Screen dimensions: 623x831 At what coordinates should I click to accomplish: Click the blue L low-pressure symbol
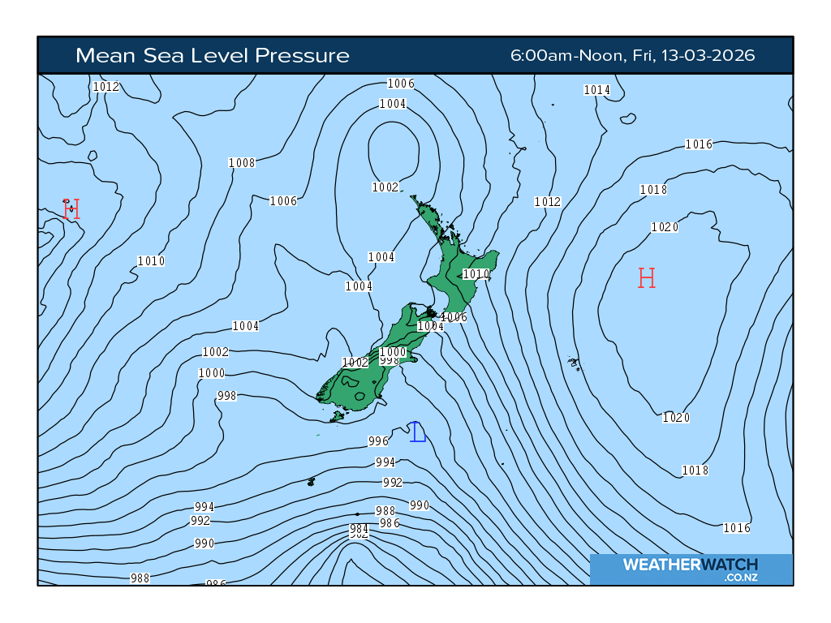point(418,432)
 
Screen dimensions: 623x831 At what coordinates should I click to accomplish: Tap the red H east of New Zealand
point(646,278)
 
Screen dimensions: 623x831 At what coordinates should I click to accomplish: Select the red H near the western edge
point(71,209)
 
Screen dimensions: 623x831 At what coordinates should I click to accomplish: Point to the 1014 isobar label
point(596,90)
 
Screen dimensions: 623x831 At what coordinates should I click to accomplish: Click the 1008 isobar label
point(242,163)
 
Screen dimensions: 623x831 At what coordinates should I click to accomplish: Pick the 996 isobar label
point(378,441)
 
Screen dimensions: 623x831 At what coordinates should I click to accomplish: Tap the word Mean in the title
point(101,55)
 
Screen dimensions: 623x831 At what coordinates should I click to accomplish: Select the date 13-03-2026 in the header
point(708,55)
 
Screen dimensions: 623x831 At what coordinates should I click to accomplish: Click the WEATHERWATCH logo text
point(690,565)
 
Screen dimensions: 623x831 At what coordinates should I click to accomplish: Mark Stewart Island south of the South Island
point(337,416)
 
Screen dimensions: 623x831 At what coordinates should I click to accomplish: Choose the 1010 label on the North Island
point(476,274)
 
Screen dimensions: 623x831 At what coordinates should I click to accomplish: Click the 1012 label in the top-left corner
point(106,87)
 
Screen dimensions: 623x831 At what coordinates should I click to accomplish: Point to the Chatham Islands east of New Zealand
point(574,363)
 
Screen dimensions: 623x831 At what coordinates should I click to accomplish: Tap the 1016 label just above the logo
point(737,528)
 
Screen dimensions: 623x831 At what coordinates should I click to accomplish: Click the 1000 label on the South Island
point(393,352)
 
